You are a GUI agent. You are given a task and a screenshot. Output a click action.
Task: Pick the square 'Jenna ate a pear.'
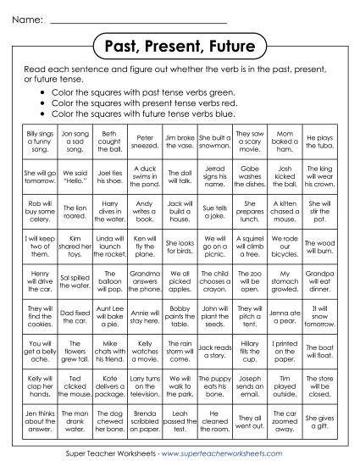click(285, 315)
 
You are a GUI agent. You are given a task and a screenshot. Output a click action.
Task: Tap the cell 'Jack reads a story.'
click(215, 349)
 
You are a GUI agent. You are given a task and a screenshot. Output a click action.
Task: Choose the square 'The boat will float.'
click(319, 349)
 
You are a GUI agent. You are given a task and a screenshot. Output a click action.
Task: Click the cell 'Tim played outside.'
click(285, 384)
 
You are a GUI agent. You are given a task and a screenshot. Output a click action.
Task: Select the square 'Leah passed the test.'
click(180, 419)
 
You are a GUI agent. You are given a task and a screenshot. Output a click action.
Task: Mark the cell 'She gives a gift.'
click(319, 419)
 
